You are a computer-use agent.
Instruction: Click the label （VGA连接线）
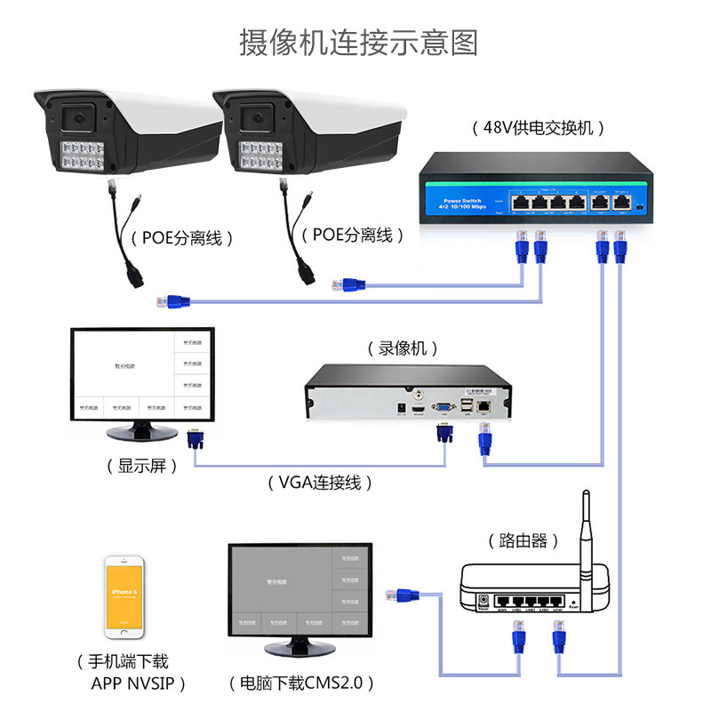[x=319, y=483]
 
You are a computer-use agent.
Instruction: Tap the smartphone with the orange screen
[x=124, y=597]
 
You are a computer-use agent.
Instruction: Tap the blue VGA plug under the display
[x=194, y=442]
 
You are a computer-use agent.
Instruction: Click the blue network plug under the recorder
[x=485, y=439]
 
